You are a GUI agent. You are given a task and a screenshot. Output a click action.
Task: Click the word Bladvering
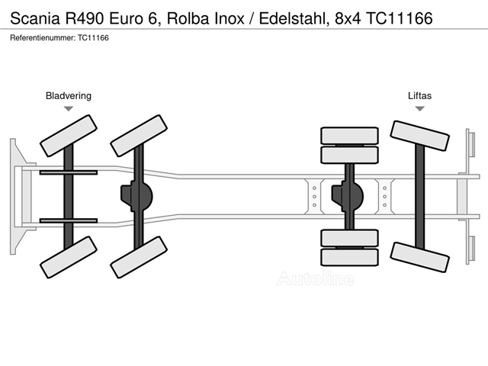coord(69,96)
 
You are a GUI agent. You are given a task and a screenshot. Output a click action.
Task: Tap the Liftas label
coord(419,95)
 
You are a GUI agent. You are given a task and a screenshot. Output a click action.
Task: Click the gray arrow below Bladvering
coord(69,108)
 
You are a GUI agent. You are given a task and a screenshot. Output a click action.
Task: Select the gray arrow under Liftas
coord(420,108)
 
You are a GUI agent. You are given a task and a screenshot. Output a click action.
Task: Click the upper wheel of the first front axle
coord(69,134)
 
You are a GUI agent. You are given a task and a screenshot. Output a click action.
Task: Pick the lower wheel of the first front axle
coord(69,258)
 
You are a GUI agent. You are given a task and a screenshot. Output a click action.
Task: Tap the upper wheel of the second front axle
coord(139,134)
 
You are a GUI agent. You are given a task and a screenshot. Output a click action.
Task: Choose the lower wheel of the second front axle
coord(139,258)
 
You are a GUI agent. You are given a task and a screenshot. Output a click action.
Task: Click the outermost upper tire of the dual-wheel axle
coord(349,136)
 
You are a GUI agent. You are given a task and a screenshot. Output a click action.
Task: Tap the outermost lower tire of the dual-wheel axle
coord(349,258)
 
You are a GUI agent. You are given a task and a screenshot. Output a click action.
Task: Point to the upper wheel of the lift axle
coord(419,136)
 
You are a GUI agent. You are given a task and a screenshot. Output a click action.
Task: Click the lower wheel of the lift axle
coord(419,258)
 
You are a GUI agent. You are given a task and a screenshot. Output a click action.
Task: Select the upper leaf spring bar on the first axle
coord(69,172)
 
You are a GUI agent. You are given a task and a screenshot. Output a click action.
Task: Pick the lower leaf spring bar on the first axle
coord(69,220)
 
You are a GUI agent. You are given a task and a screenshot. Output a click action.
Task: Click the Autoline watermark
coord(315,278)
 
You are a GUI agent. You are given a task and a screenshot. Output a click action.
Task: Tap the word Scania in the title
coord(35,18)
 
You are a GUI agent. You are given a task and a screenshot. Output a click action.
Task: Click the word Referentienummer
coord(43,38)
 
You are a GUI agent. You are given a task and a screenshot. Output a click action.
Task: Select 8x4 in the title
coord(348,18)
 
